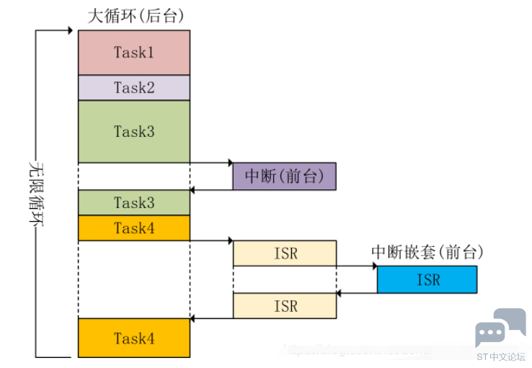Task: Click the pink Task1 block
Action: click(134, 53)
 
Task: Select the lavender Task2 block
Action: click(134, 88)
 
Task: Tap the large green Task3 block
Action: click(134, 131)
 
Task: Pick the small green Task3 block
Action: click(134, 203)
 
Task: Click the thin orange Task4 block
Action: click(134, 228)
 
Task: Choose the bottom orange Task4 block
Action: click(134, 338)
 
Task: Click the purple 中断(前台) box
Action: click(284, 176)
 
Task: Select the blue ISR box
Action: click(427, 279)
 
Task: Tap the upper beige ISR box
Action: click(285, 253)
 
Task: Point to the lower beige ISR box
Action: click(285, 306)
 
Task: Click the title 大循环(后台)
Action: click(134, 17)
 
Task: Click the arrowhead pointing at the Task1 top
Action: click(70, 30)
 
